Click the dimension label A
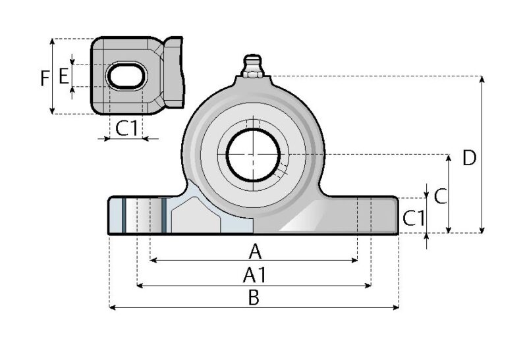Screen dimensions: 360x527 [254, 251]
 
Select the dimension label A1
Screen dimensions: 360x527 [254, 276]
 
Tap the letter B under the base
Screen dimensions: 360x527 [254, 297]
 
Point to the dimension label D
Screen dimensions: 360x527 [468, 158]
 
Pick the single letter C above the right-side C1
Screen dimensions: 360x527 [441, 195]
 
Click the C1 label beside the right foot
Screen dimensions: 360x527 [414, 218]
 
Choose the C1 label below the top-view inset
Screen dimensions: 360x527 [127, 128]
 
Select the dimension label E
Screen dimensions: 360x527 [63, 76]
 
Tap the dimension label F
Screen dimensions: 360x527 [43, 80]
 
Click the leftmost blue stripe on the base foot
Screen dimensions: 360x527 [123, 215]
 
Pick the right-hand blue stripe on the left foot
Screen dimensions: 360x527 [163, 215]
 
